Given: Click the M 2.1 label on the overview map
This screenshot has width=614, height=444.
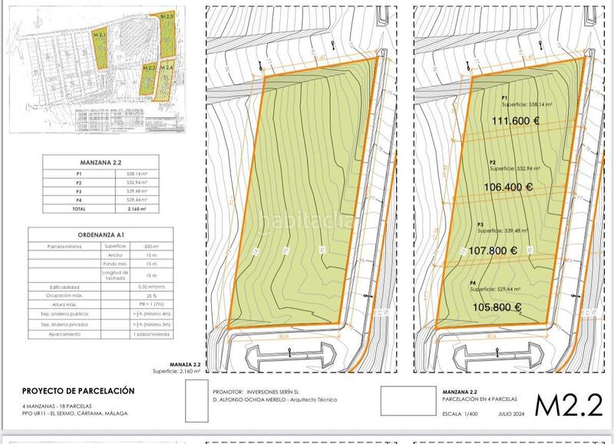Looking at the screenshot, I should pyautogui.click(x=98, y=35).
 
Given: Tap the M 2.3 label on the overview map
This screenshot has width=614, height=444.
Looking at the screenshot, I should pyautogui.click(x=166, y=15).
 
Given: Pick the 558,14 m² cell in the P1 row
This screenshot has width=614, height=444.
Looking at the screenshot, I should pyautogui.click(x=136, y=174).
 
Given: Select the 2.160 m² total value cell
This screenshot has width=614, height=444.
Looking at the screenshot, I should pyautogui.click(x=136, y=208).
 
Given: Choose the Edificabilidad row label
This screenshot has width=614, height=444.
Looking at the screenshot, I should pyautogui.click(x=57, y=287).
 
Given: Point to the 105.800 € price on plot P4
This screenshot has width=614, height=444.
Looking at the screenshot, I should pyautogui.click(x=497, y=307).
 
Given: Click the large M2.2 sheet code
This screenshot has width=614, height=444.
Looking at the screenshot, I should pyautogui.click(x=567, y=403).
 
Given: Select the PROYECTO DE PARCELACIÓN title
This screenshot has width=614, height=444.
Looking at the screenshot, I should pyautogui.click(x=78, y=390).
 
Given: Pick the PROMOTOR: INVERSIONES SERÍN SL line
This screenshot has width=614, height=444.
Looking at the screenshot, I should pyautogui.click(x=266, y=391).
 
